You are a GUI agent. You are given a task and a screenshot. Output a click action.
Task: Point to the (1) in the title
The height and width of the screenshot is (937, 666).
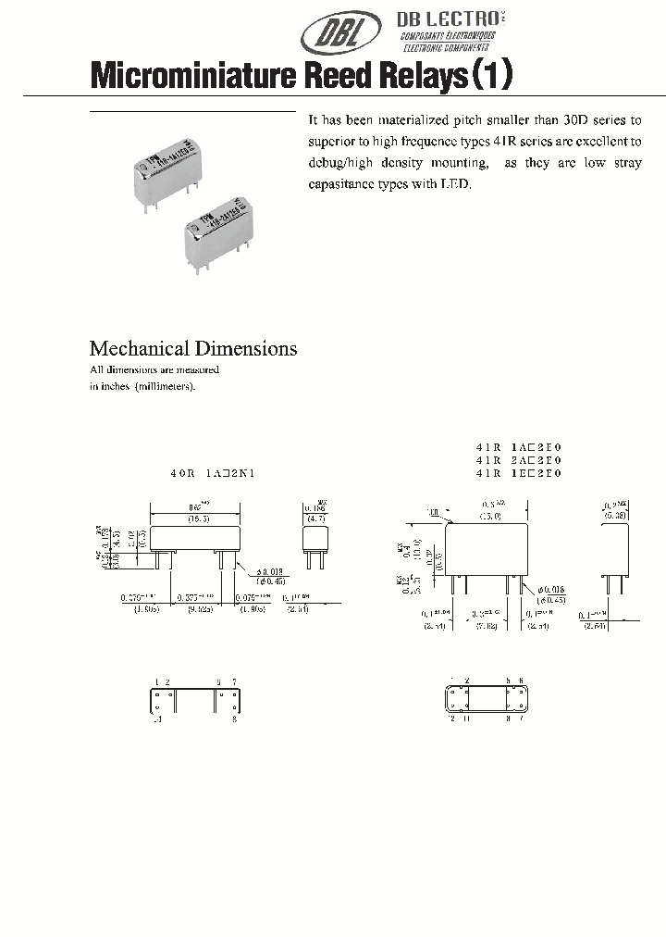(491, 75)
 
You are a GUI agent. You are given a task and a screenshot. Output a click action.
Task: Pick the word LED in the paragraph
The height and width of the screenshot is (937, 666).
(456, 184)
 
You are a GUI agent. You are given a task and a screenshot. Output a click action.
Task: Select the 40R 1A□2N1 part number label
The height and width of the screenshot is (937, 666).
(212, 473)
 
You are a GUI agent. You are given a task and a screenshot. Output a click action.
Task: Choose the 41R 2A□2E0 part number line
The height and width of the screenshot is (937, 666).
(519, 459)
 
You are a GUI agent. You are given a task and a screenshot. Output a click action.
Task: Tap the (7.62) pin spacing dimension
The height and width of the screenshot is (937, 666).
(487, 626)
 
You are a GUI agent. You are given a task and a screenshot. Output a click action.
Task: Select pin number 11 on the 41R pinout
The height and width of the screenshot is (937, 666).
(467, 718)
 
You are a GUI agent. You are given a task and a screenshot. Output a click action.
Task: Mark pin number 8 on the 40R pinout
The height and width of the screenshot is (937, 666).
(236, 718)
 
